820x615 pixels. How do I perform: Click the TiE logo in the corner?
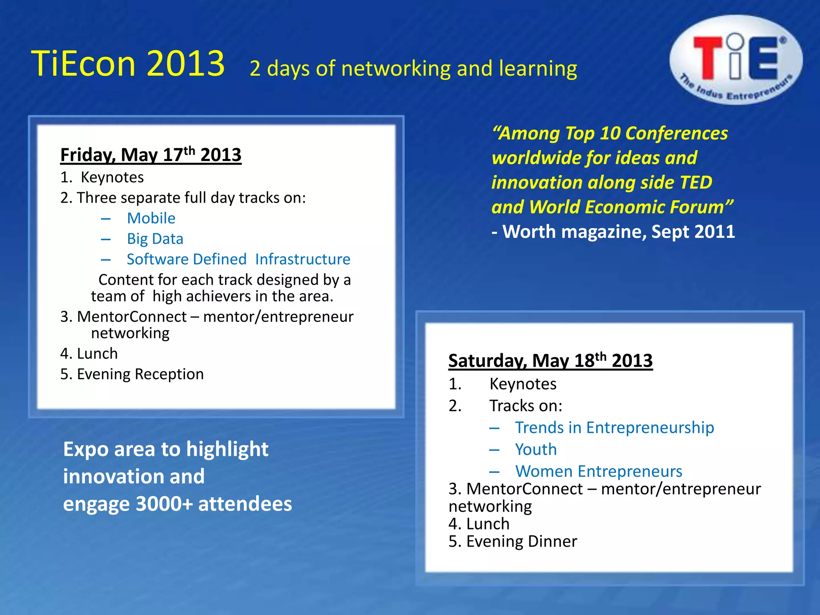(x=736, y=60)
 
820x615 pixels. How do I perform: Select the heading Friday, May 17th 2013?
(x=151, y=155)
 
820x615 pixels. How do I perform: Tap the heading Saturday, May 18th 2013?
(x=550, y=361)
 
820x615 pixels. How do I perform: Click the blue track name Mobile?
(x=151, y=219)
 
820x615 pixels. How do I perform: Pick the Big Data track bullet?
(x=155, y=239)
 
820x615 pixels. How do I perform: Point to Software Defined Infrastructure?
(x=238, y=259)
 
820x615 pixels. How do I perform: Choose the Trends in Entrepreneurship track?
(x=614, y=428)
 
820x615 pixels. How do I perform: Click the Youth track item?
(x=536, y=450)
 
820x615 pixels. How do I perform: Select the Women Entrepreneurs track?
(x=599, y=472)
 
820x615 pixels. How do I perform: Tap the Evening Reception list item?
(x=132, y=374)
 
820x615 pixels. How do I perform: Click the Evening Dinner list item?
(x=513, y=542)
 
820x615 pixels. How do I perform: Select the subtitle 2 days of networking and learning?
(x=413, y=69)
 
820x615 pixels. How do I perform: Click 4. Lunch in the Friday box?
(x=89, y=354)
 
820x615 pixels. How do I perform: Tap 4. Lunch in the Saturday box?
(x=479, y=524)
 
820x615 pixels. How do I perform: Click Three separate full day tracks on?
(x=183, y=198)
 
